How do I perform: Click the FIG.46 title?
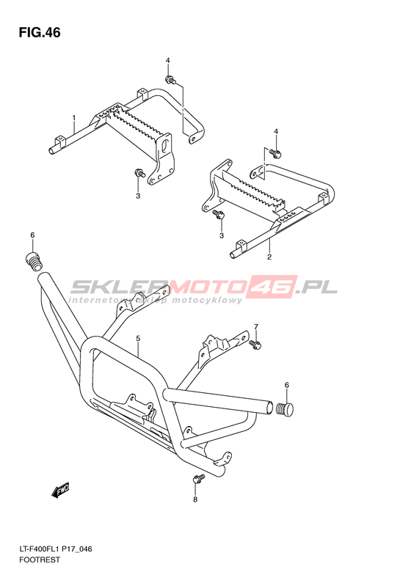pyautogui.click(x=40, y=32)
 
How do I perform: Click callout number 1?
pyautogui.click(x=74, y=117)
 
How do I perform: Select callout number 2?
pyautogui.click(x=269, y=257)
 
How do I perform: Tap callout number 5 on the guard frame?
pyautogui.click(x=138, y=338)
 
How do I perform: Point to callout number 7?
pyautogui.click(x=256, y=326)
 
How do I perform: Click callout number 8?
pyautogui.click(x=195, y=499)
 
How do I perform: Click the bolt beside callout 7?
pyautogui.click(x=255, y=345)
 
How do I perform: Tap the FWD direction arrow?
pyautogui.click(x=60, y=491)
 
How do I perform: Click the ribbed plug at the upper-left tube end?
pyautogui.click(x=34, y=261)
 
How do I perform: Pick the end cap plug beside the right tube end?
pyautogui.click(x=285, y=408)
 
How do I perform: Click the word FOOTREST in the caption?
pyautogui.click(x=39, y=559)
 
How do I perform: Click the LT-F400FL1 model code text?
pyautogui.click(x=40, y=549)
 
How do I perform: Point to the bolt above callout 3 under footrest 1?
pyautogui.click(x=139, y=172)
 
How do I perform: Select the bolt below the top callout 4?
pyautogui.click(x=170, y=79)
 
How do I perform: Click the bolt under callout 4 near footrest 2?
pyautogui.click(x=274, y=151)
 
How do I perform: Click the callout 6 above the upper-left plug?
pyautogui.click(x=32, y=235)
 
